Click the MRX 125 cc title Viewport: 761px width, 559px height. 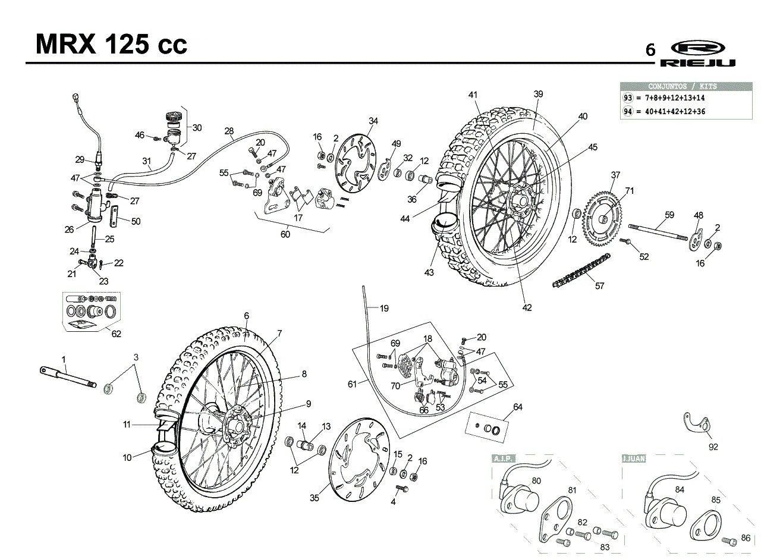point(111,44)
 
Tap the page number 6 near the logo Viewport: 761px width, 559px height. point(650,50)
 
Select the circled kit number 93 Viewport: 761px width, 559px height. point(628,98)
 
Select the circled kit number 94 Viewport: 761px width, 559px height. point(628,111)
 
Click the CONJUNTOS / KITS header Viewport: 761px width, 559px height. point(683,86)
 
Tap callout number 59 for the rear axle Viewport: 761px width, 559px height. point(669,215)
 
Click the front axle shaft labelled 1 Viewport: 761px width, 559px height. point(68,377)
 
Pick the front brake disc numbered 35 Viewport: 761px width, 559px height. point(360,460)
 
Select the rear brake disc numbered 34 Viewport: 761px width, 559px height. point(356,164)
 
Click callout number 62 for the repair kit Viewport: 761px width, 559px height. point(116,334)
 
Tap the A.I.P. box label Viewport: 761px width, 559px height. point(504,458)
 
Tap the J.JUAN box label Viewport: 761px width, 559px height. point(634,458)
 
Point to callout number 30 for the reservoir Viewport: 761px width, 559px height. point(197,128)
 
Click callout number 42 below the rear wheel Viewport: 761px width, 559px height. point(527,307)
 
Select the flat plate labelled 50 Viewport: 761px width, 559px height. point(114,217)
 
